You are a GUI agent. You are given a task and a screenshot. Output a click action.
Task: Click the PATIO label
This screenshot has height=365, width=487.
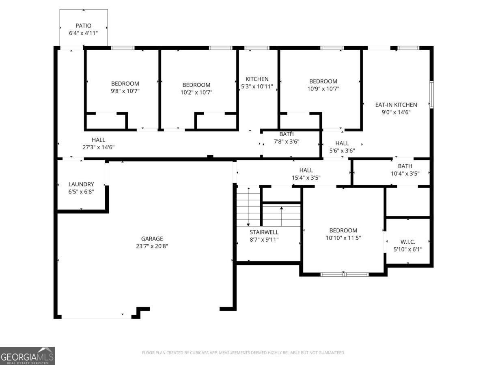point(84,26)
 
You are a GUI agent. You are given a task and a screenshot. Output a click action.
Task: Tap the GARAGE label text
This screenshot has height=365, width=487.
point(152,239)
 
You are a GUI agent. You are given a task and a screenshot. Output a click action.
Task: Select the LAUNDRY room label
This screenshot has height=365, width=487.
point(81,184)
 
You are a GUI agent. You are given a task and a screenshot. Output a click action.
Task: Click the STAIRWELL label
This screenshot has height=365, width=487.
point(264,232)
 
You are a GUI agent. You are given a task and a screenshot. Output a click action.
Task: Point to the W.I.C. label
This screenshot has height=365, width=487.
point(408,242)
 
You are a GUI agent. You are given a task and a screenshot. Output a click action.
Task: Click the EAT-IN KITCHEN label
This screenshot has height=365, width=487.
point(396,105)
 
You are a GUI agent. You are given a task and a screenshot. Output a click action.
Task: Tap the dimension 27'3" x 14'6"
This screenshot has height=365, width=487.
point(99,147)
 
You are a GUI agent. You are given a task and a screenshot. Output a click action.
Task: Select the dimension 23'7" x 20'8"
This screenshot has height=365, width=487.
point(152,246)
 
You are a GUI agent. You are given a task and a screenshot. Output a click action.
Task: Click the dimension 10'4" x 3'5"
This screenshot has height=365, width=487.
point(405,173)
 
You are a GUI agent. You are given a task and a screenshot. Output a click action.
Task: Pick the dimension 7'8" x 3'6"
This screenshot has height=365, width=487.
point(287,142)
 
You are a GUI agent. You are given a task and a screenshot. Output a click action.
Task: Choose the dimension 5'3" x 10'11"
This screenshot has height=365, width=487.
point(257,86)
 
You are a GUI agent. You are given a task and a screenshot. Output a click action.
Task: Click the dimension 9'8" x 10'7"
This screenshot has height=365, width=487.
point(125,91)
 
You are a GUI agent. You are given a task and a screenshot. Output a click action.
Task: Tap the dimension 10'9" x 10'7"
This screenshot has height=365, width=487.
point(323,89)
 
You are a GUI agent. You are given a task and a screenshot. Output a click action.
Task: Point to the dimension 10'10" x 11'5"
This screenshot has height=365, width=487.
point(343,238)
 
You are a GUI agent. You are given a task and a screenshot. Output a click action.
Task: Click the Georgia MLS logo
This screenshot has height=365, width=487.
point(27,356)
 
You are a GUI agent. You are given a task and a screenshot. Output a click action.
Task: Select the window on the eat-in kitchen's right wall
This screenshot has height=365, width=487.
point(431,94)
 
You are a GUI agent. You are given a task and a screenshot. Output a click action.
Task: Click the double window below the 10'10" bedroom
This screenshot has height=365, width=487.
point(345,275)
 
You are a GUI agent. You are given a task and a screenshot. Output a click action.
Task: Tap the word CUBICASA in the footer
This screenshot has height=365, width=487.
point(199,352)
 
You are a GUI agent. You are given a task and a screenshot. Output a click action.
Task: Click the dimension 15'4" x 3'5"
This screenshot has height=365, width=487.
point(306,178)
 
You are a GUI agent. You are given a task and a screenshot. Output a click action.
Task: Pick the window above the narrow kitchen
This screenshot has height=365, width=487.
point(257,48)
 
